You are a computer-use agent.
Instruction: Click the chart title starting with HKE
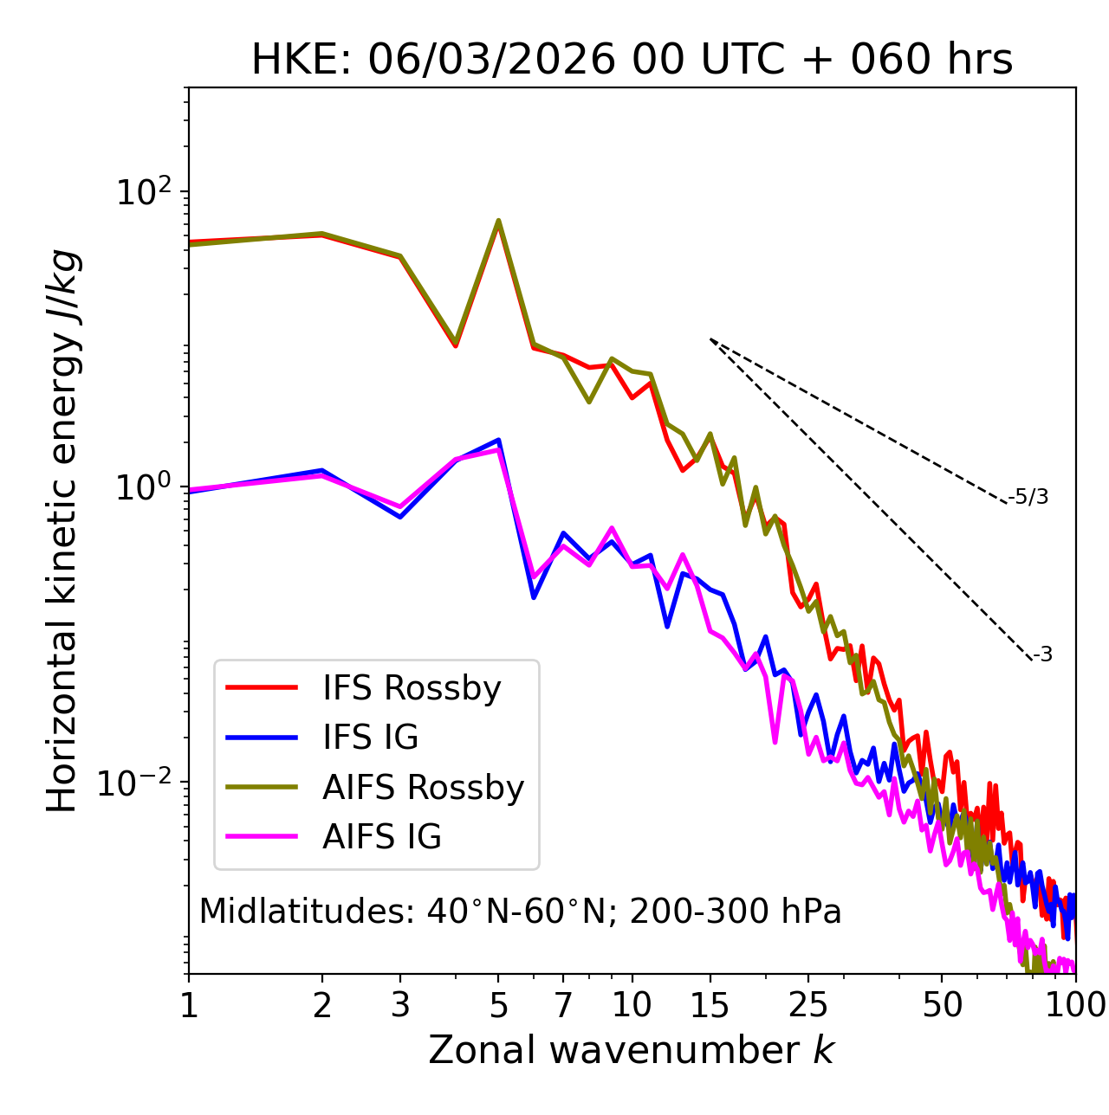[x=632, y=61]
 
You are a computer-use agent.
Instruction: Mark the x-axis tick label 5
[x=498, y=1005]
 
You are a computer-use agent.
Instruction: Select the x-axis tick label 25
[x=808, y=1005]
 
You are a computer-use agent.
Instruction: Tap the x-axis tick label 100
[x=1075, y=1005]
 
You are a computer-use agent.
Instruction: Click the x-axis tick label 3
[x=400, y=1005]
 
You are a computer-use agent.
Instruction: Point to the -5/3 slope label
[x=1028, y=498]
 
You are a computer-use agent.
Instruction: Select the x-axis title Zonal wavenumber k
[x=632, y=1050]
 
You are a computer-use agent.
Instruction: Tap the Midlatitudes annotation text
[x=520, y=912]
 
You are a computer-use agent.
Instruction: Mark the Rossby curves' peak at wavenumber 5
[x=498, y=221]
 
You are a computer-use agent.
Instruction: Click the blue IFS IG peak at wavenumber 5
[x=499, y=440]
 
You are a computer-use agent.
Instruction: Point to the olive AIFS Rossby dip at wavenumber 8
[x=589, y=402]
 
